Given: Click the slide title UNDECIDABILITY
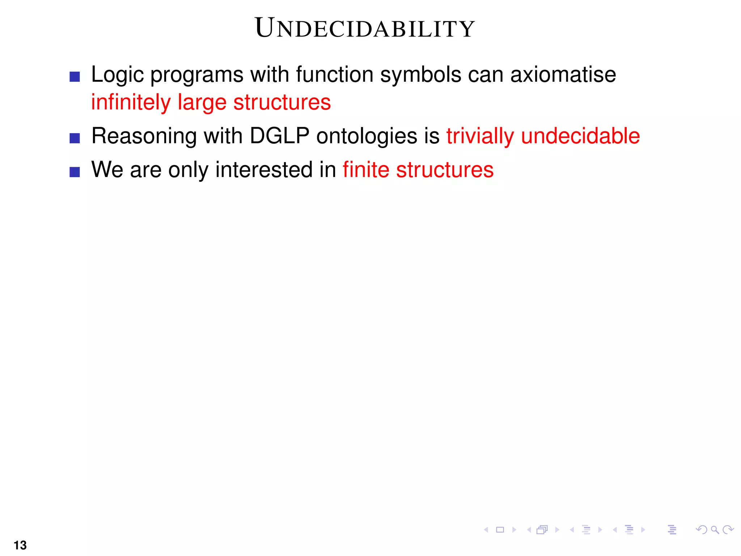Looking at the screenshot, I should click(365, 28).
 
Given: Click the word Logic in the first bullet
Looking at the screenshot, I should click(117, 75).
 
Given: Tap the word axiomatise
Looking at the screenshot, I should click(563, 75).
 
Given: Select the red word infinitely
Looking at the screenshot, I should click(131, 102).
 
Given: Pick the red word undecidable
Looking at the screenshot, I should click(580, 136).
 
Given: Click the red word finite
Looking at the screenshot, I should click(366, 170).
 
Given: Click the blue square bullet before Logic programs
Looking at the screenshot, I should click(75, 77).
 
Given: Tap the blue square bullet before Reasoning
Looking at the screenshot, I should click(75, 138).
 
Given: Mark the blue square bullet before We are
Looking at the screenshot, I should click(75, 172).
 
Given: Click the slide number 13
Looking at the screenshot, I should click(20, 545).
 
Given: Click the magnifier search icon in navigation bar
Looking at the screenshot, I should click(715, 530).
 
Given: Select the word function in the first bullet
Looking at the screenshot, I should click(334, 75).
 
